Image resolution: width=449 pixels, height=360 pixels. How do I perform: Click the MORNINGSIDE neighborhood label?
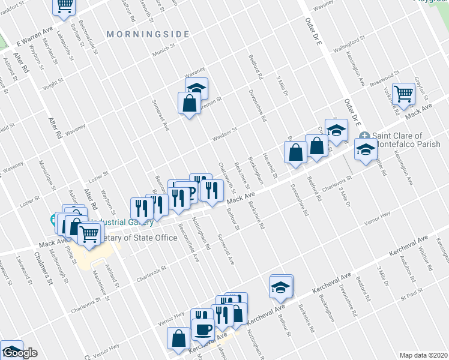148,35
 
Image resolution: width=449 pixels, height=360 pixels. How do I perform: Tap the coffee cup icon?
202,329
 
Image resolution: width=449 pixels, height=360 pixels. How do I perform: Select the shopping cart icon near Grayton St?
405,93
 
